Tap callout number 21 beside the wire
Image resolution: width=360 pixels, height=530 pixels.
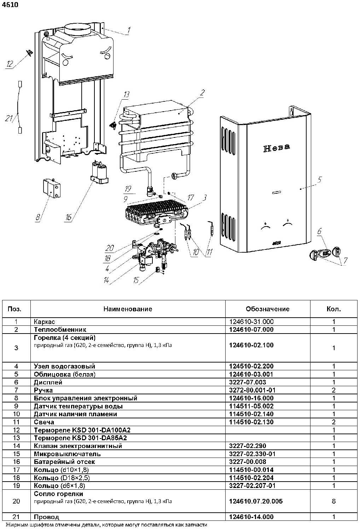pyautogui.click(x=9, y=118)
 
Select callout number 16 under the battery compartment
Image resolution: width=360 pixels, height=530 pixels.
pyautogui.click(x=68, y=217)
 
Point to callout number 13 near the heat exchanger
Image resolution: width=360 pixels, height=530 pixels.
pyautogui.click(x=126, y=94)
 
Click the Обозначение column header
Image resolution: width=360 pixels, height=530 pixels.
pyautogui.click(x=267, y=309)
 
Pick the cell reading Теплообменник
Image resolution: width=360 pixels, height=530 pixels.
pyautogui.click(x=60, y=330)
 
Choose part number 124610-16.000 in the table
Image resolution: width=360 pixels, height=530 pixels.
pyautogui.click(x=251, y=398)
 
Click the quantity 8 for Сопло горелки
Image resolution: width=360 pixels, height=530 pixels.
pyautogui.click(x=333, y=501)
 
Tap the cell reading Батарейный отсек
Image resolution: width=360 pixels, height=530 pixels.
pyautogui.click(x=64, y=462)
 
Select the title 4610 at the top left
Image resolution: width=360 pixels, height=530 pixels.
pyautogui.click(x=10, y=5)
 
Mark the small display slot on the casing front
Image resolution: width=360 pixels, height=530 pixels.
pyautogui.click(x=277, y=193)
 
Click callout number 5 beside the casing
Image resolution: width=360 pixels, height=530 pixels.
pyautogui.click(x=319, y=180)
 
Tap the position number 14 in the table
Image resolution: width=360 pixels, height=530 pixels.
pyautogui.click(x=16, y=446)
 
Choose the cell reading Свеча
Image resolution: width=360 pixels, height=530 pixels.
pyautogui.click(x=44, y=422)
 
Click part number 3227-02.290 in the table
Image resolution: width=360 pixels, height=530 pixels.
pyautogui.click(x=248, y=446)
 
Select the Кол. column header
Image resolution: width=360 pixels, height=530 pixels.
pyautogui.click(x=333, y=309)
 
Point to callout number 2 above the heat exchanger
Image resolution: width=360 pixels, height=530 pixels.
pyautogui.click(x=202, y=93)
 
